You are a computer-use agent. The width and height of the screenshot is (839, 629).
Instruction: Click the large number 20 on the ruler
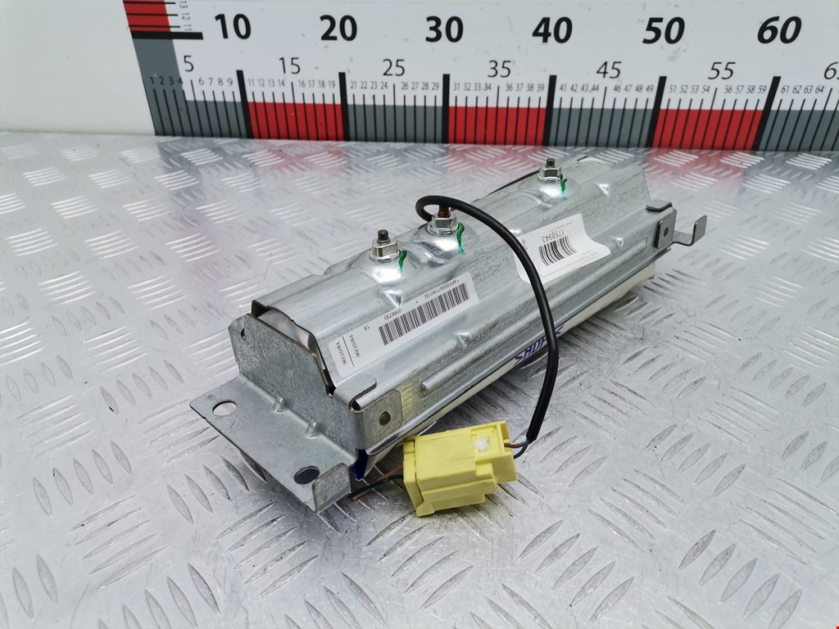point(338,29)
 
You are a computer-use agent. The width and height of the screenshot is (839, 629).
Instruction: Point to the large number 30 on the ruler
point(445,29)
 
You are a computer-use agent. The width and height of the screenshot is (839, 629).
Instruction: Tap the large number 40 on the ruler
point(552,30)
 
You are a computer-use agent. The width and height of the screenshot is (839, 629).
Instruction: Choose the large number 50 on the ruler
point(663,31)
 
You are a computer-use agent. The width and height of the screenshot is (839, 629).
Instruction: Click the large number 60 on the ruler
point(778,31)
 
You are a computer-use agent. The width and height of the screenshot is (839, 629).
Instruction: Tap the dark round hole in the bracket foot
point(306,473)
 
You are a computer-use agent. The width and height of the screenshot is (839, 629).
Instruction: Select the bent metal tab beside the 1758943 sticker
point(691,231)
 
